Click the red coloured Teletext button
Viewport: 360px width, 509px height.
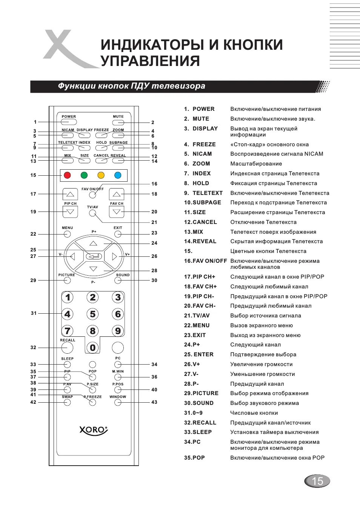pyautogui.click(x=67, y=175)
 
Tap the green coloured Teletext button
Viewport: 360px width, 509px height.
pyautogui.click(x=84, y=175)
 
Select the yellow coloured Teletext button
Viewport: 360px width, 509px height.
pyautogui.click(x=101, y=175)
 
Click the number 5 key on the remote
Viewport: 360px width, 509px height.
pyautogui.click(x=92, y=314)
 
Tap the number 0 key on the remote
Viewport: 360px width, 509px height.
pyautogui.click(x=92, y=348)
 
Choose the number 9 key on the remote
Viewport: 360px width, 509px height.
pyautogui.click(x=118, y=331)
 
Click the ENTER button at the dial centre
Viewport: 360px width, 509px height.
pyautogui.click(x=94, y=256)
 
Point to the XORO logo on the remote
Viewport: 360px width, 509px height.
pyautogui.click(x=94, y=430)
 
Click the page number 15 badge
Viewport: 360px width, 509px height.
pyautogui.click(x=317, y=481)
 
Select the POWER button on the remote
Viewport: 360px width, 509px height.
pyautogui.click(x=69, y=122)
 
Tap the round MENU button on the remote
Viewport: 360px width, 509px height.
pyautogui.click(x=67, y=234)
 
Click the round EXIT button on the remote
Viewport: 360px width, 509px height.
pyautogui.click(x=118, y=234)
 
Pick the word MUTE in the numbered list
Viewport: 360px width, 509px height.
pyautogui.click(x=201, y=119)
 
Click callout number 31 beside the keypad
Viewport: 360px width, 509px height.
pyautogui.click(x=34, y=313)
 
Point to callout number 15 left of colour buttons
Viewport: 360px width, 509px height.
pyautogui.click(x=33, y=175)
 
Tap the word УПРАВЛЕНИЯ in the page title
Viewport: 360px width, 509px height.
pyautogui.click(x=150, y=61)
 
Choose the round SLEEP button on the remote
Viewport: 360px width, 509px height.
pyautogui.click(x=67, y=365)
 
